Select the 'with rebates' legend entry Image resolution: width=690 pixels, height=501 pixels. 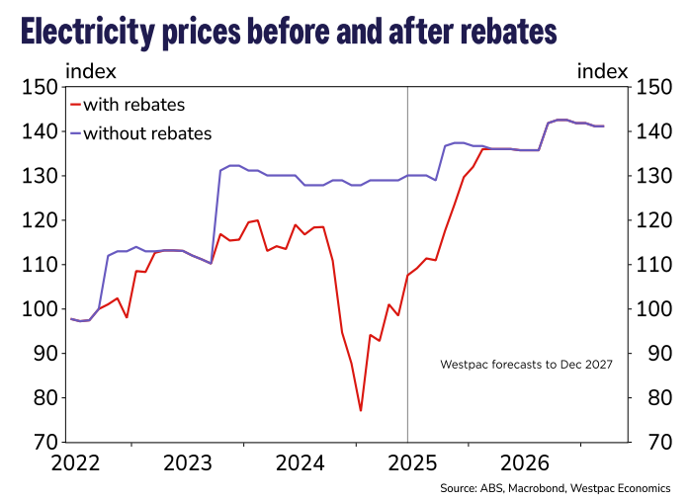[133, 105]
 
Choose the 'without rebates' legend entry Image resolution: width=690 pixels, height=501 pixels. [147, 132]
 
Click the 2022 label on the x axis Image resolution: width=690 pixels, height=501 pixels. [69, 463]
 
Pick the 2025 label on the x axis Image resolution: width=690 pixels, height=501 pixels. [408, 463]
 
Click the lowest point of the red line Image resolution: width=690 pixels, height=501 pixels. [361, 410]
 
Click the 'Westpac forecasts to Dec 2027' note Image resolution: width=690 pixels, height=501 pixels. [526, 365]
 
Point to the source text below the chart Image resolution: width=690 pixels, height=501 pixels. [555, 488]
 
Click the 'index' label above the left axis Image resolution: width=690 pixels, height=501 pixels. [91, 70]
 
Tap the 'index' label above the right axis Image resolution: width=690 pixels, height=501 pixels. [602, 70]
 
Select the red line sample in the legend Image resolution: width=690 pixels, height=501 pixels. [76, 105]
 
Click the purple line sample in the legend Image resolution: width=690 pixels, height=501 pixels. [76, 132]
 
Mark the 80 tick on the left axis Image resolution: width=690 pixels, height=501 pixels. [42, 397]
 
